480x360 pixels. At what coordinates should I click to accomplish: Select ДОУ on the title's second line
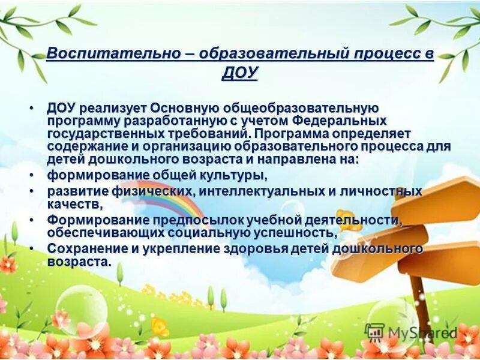coord(239,73)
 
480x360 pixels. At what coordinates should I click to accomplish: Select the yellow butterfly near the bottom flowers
coord(160,327)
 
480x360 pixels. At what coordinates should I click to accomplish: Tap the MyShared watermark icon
coord(374,332)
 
